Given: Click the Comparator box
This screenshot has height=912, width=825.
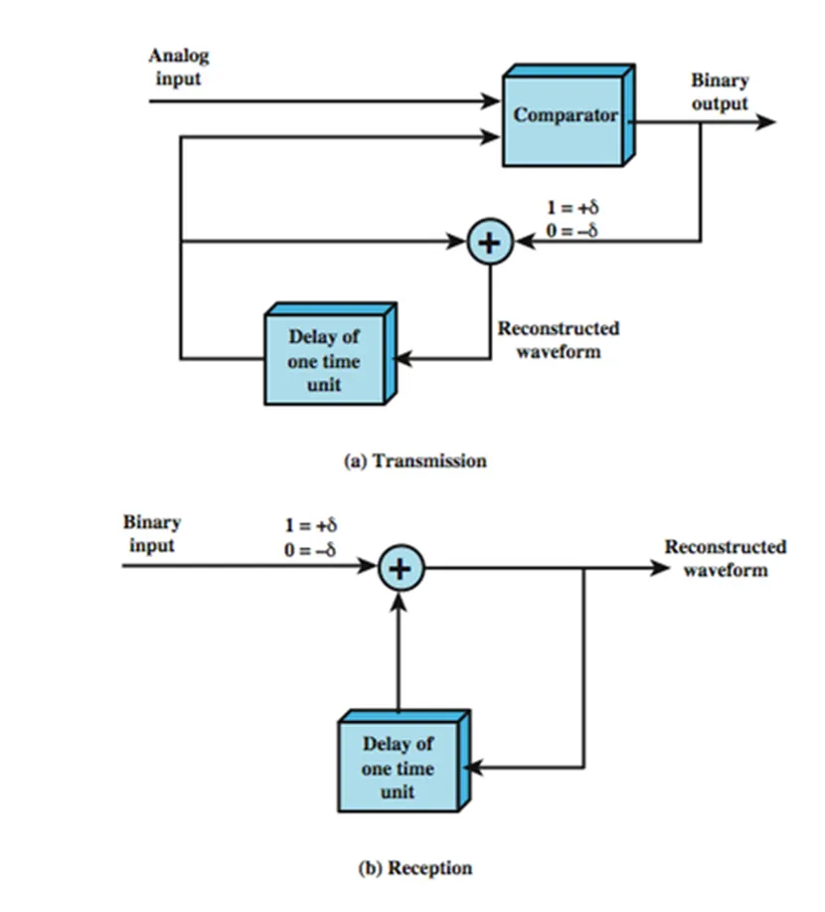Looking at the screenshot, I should [x=565, y=116].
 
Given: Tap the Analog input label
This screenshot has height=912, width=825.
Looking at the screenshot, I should [x=180, y=67].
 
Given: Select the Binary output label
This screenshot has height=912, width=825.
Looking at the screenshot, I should [x=719, y=91].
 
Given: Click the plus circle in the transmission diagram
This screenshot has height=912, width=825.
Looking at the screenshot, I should [x=489, y=242].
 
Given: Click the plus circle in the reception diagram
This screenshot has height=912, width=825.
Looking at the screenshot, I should [x=401, y=569].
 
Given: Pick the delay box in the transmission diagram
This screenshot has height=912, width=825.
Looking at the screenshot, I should [x=325, y=360].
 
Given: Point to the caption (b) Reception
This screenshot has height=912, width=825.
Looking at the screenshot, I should [x=414, y=867].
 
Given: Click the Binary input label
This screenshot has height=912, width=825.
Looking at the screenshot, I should [x=152, y=533].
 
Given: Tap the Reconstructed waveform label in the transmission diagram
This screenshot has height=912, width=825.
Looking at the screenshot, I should [x=558, y=339].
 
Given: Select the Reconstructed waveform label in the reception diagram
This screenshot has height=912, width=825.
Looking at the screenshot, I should [x=726, y=557].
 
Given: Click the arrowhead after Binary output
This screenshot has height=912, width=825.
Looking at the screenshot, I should [x=765, y=122].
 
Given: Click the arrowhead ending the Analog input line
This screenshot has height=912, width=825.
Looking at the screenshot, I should [x=491, y=100].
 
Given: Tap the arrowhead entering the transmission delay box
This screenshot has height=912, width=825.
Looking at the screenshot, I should [x=403, y=358].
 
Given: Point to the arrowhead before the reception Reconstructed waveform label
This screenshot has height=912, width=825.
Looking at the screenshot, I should [x=659, y=569].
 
